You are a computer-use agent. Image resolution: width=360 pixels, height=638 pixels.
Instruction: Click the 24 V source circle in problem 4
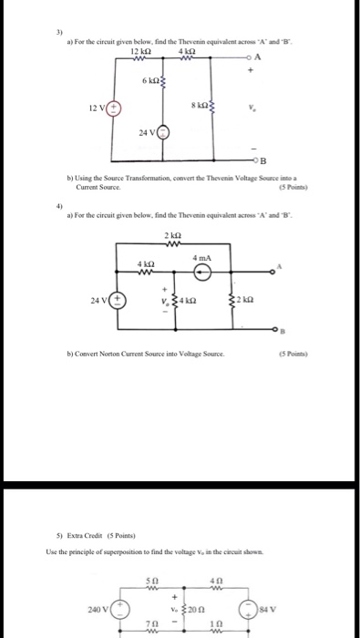point(118,299)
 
